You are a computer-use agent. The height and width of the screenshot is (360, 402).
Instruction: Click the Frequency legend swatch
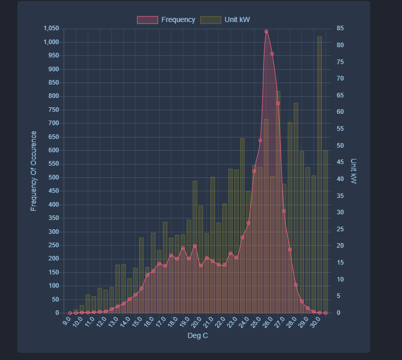point(147,19)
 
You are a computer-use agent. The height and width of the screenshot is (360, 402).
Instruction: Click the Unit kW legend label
point(237,19)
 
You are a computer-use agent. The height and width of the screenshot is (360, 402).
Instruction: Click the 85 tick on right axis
point(340,28)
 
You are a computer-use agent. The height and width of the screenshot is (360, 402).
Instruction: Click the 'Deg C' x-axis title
point(198,336)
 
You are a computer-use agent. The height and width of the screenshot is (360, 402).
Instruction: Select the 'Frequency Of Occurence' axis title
point(34,171)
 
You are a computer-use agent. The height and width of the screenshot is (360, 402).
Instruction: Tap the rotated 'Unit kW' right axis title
point(353,171)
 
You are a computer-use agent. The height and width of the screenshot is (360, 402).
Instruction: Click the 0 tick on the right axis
point(338,313)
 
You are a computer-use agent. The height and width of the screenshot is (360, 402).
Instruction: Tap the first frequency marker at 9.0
point(70,313)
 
